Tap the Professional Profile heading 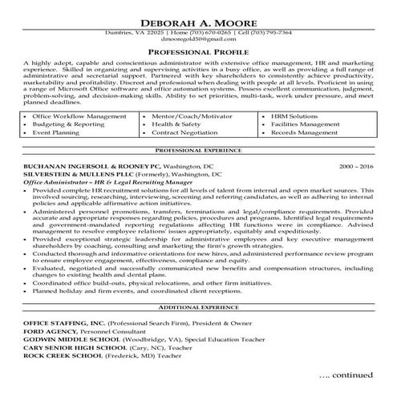point(198,52)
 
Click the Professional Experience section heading point(198,150)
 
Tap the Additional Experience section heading point(198,307)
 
